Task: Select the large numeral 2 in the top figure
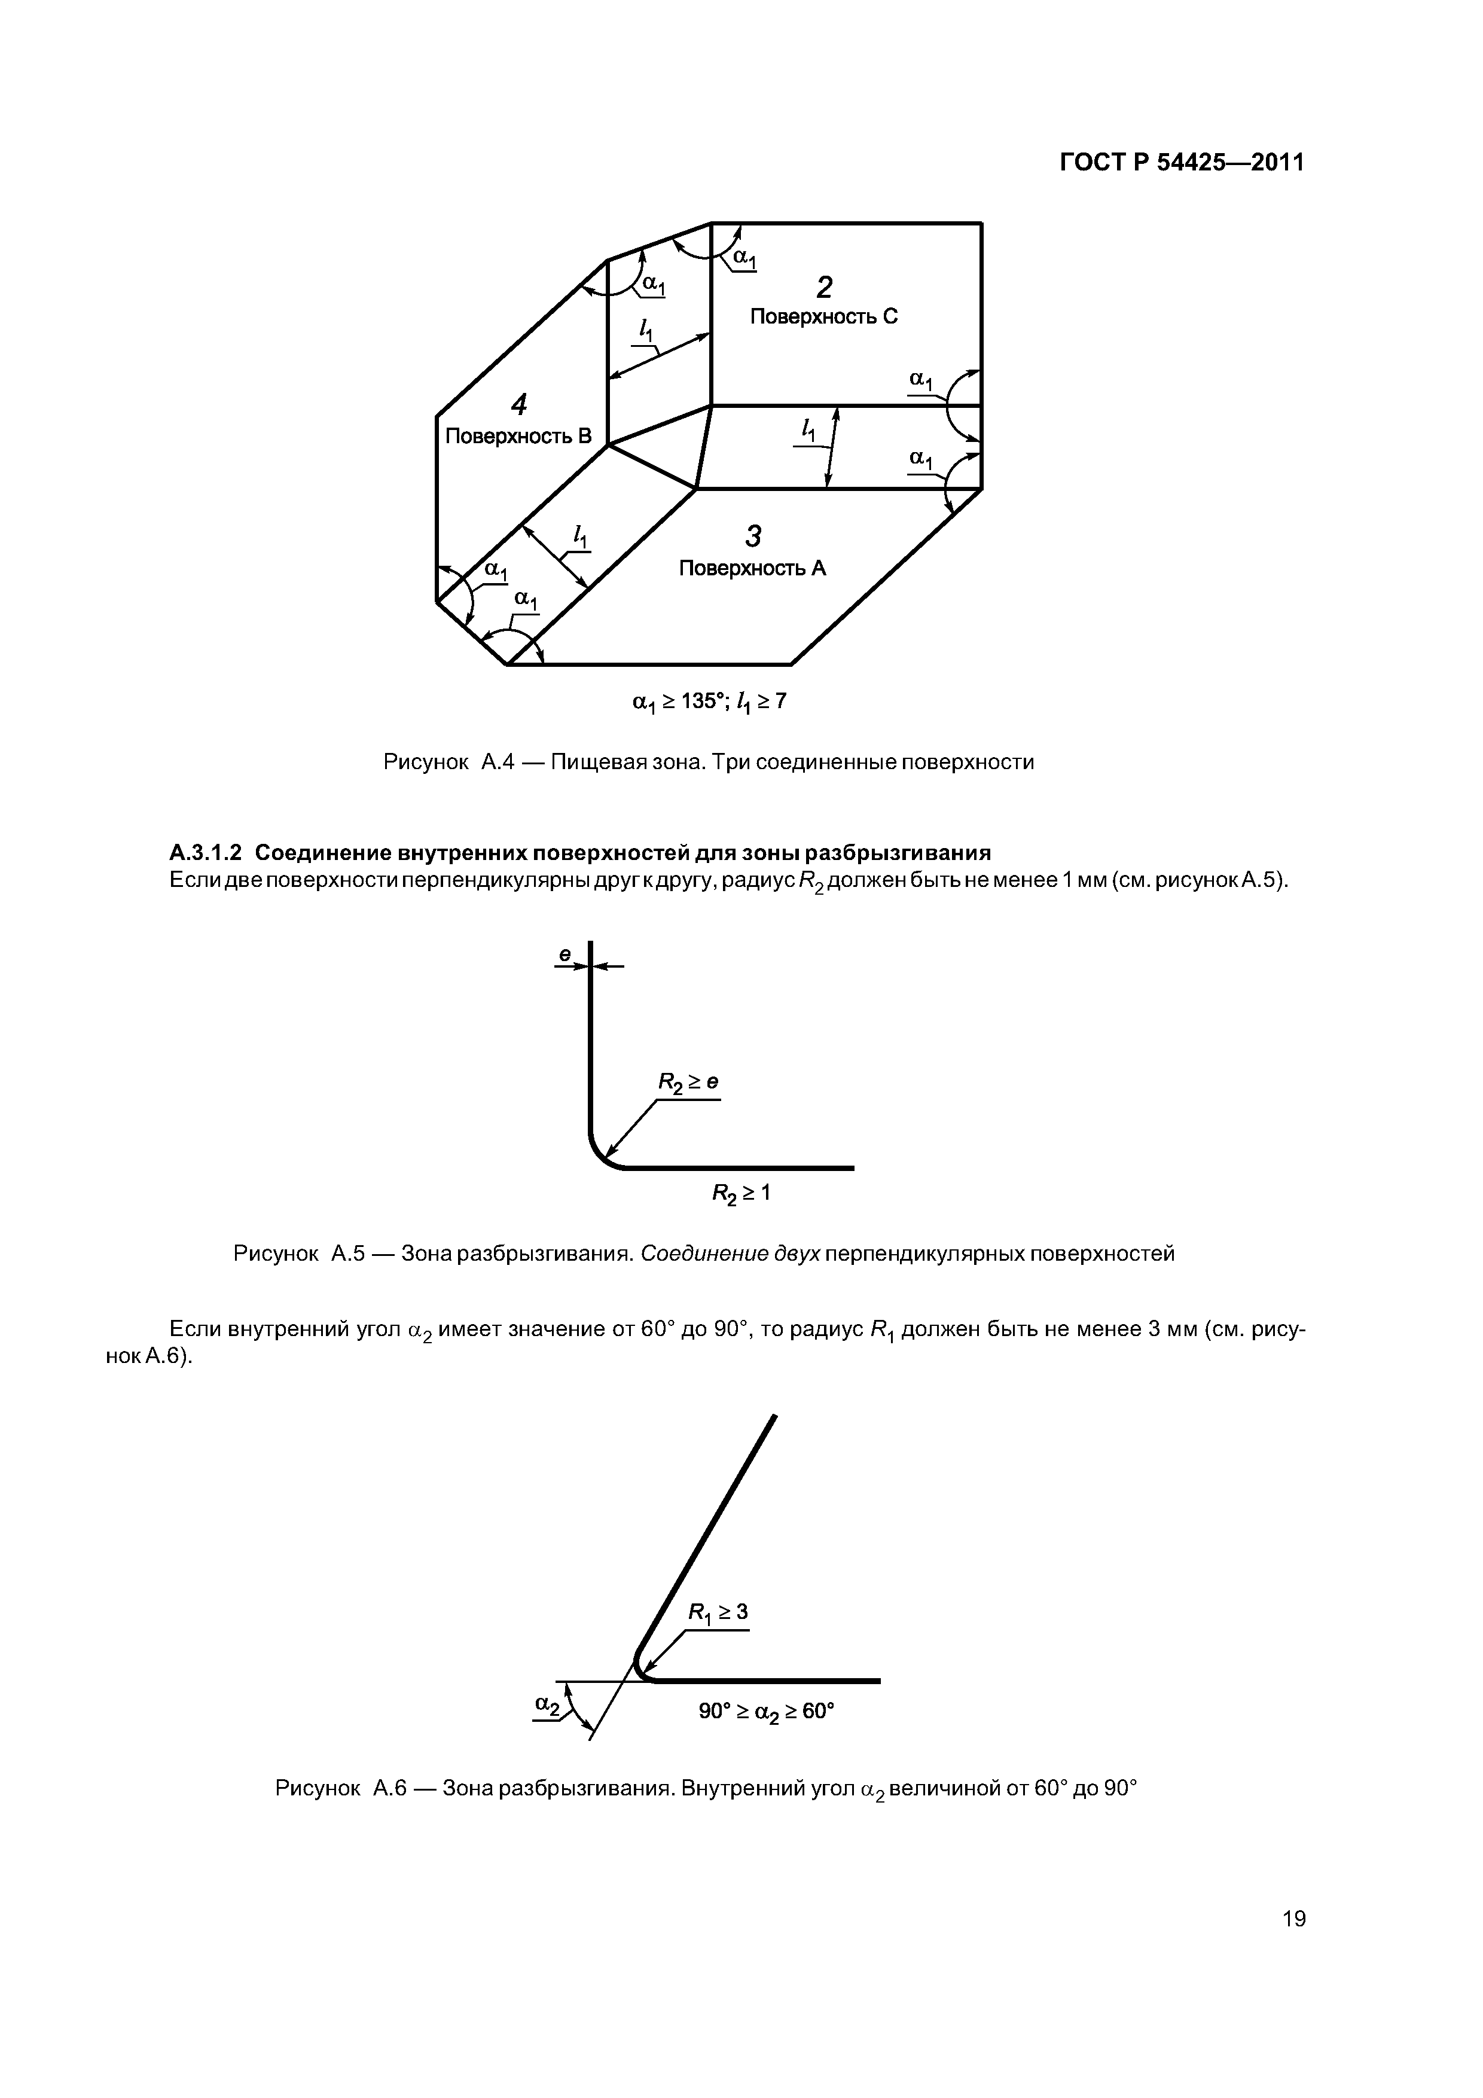pyautogui.click(x=824, y=288)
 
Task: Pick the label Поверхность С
pyautogui.click(x=823, y=317)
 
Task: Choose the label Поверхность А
pyautogui.click(x=752, y=568)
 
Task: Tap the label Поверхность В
pyautogui.click(x=518, y=437)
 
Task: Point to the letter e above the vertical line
pyautogui.click(x=564, y=955)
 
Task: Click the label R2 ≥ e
pyautogui.click(x=688, y=1083)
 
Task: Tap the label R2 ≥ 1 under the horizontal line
pyautogui.click(x=741, y=1193)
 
